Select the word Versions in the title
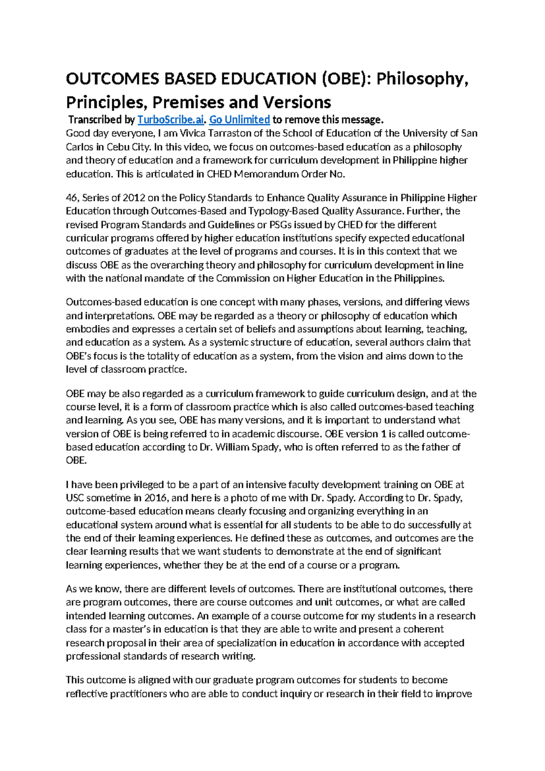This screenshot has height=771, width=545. [298, 102]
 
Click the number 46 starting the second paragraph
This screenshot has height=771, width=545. [72, 198]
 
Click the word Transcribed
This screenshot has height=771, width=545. [95, 120]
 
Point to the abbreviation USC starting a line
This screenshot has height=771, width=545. [75, 498]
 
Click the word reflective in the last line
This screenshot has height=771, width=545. [87, 694]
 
